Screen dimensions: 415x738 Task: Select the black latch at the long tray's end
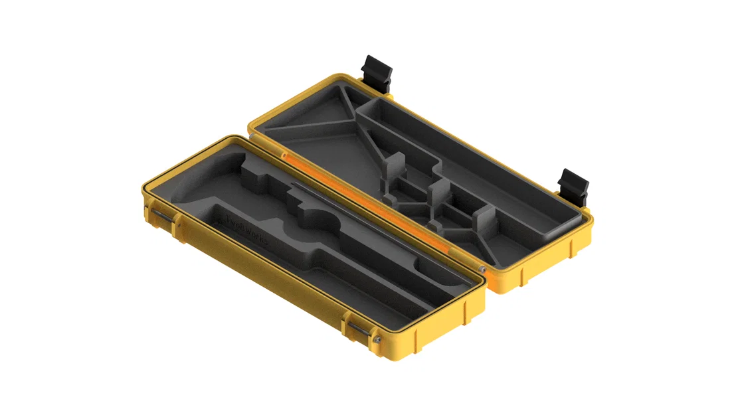(x=573, y=187)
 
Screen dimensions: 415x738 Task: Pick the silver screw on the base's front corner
(x=377, y=341)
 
